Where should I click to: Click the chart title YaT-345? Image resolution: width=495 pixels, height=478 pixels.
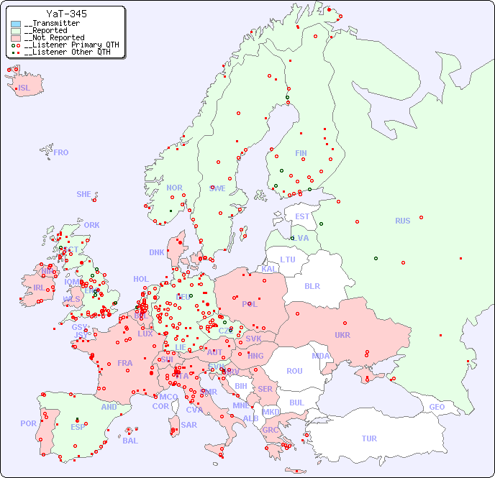pos(67,14)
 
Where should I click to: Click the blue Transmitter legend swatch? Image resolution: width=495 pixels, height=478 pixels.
pos(16,24)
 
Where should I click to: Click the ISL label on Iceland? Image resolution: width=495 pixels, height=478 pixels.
pos(24,88)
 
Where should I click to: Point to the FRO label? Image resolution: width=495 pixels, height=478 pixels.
pos(61,152)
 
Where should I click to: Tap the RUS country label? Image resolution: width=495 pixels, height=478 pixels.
pos(402,221)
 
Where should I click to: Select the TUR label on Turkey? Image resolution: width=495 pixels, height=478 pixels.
pos(369,438)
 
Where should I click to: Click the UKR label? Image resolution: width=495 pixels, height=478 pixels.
pos(342,335)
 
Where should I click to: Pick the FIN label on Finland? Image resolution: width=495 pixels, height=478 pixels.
pos(301,153)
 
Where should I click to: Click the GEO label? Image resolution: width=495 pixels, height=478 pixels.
pos(437,407)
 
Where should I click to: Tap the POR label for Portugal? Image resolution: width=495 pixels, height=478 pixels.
pos(28,423)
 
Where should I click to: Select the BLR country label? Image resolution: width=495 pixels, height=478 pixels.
pos(312,285)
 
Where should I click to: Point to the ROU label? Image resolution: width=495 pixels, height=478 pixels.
pos(294,371)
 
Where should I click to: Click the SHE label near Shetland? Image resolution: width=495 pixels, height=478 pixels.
pos(84,194)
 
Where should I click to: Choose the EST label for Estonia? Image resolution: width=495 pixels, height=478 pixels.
pos(302,216)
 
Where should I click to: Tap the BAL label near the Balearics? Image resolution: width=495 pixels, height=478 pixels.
pos(130,441)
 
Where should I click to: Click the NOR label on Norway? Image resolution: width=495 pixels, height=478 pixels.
pos(174,188)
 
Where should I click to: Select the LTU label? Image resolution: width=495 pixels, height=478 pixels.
pos(288,259)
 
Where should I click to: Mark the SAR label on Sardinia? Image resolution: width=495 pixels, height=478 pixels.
pos(189,425)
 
